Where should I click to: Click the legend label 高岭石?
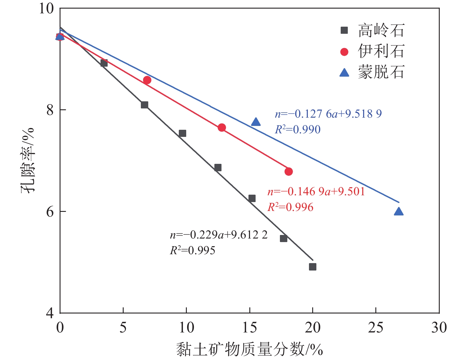click(x=381, y=30)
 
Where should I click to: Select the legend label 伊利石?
click(x=381, y=51)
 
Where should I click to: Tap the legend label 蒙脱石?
click(x=381, y=72)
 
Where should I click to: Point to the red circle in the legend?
click(x=344, y=52)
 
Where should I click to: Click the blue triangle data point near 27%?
click(x=399, y=212)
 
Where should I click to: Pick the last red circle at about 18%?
click(x=289, y=172)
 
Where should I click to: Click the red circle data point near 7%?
click(x=147, y=80)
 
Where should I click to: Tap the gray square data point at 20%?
click(x=313, y=267)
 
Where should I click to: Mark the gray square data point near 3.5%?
click(x=104, y=63)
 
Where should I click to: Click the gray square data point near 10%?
click(x=182, y=133)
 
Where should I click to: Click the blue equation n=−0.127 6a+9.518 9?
click(x=328, y=114)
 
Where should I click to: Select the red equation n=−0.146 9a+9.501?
click(x=316, y=192)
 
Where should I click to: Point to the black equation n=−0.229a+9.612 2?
click(x=219, y=235)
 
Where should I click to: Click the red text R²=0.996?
click(x=290, y=207)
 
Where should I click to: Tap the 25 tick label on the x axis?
click(x=376, y=328)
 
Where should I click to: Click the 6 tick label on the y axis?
click(x=50, y=212)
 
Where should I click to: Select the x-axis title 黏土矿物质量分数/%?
click(x=249, y=349)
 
